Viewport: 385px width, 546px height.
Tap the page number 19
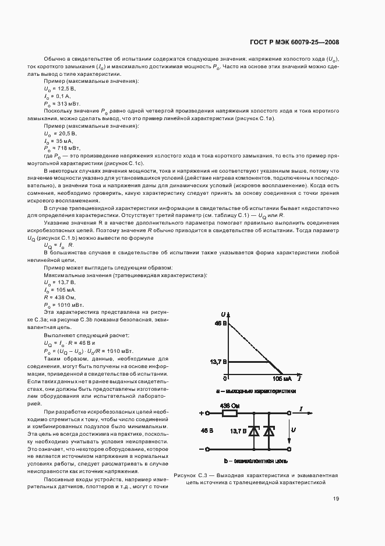[x=336, y=499]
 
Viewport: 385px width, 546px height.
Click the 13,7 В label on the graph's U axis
[x=217, y=362]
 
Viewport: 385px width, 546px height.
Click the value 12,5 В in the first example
[x=60, y=89]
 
